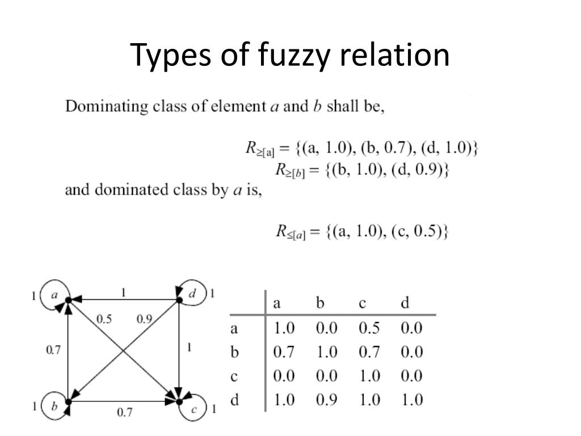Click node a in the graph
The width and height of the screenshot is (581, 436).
(x=56, y=295)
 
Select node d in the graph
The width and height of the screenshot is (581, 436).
(x=192, y=294)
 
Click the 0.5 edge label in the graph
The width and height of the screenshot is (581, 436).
(x=104, y=319)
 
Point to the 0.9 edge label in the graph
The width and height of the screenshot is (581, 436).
(x=144, y=319)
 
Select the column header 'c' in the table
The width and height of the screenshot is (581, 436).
(x=362, y=303)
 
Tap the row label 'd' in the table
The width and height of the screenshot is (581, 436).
(x=234, y=400)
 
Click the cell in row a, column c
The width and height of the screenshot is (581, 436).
(x=369, y=328)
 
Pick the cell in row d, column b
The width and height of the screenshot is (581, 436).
(x=327, y=400)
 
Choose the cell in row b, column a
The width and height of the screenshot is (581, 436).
(x=284, y=353)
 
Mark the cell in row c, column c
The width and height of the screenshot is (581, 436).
(x=369, y=376)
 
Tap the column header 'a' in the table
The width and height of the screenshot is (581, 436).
(x=277, y=303)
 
